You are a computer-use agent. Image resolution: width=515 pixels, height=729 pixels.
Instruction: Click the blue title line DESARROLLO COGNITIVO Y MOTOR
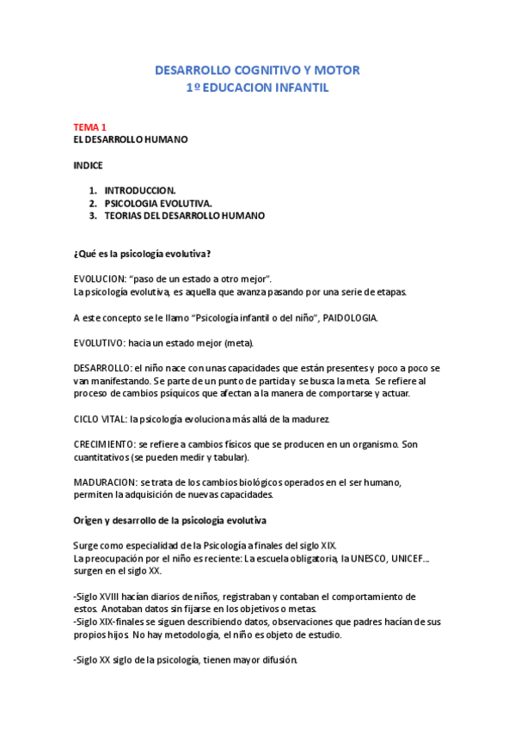pyautogui.click(x=257, y=70)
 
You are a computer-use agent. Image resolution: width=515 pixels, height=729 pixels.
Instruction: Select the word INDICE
pyautogui.click(x=88, y=164)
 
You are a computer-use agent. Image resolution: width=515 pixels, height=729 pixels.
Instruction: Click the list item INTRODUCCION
pyautogui.click(x=140, y=190)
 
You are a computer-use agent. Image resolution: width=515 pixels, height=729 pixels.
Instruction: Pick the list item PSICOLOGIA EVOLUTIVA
pyautogui.click(x=157, y=203)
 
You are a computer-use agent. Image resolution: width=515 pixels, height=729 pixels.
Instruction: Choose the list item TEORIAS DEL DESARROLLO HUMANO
pyautogui.click(x=184, y=216)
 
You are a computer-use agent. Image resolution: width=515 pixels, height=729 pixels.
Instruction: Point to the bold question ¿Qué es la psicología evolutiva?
pyautogui.click(x=142, y=254)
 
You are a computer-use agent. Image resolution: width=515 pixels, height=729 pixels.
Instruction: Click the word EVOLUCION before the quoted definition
pyautogui.click(x=100, y=279)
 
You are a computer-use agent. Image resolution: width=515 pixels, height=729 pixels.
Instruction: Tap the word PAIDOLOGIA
pyautogui.click(x=350, y=317)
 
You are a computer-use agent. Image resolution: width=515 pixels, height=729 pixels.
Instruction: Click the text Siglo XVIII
pyautogui.click(x=98, y=596)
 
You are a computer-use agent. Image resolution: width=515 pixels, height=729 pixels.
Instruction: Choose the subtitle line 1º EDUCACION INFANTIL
pyautogui.click(x=257, y=88)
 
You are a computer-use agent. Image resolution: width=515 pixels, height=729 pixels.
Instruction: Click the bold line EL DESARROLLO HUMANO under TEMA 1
pyautogui.click(x=130, y=139)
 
